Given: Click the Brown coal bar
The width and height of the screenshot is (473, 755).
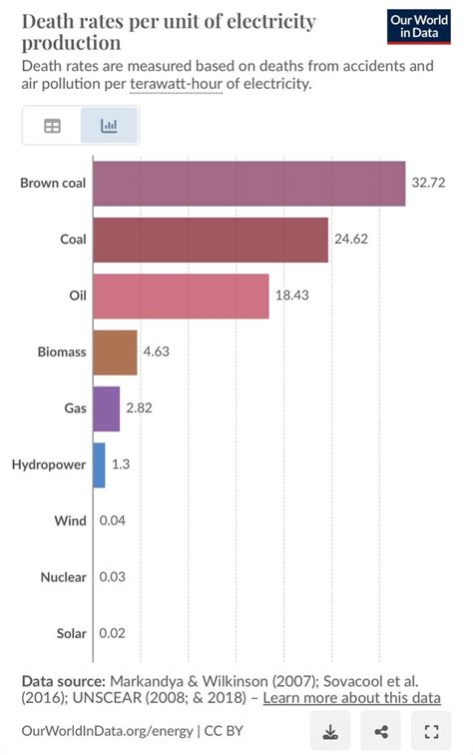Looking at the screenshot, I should pyautogui.click(x=248, y=184).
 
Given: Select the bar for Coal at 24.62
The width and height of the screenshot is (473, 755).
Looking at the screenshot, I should pyautogui.click(x=210, y=240).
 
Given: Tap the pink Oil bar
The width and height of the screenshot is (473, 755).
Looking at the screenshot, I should pyautogui.click(x=181, y=296).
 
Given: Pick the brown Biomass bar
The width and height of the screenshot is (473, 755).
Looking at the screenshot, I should pyautogui.click(x=115, y=352).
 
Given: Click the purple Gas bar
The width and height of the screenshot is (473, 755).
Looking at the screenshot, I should pyautogui.click(x=106, y=408).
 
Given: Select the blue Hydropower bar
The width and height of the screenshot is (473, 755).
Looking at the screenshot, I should pyautogui.click(x=99, y=464).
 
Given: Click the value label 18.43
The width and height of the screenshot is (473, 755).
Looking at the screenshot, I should pyautogui.click(x=292, y=296).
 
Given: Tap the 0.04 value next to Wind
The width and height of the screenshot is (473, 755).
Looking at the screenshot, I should pyautogui.click(x=112, y=520).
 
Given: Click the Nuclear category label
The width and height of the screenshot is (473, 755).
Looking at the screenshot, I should pyautogui.click(x=63, y=577).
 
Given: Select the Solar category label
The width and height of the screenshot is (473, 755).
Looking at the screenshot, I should pyautogui.click(x=69, y=633).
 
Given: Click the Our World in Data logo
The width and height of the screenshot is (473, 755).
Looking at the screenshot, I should pyautogui.click(x=418, y=27).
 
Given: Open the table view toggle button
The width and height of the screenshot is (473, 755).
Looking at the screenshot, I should pyautogui.click(x=52, y=127).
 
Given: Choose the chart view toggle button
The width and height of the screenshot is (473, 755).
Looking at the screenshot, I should pyautogui.click(x=109, y=127).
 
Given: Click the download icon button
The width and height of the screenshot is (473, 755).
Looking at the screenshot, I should pyautogui.click(x=330, y=732).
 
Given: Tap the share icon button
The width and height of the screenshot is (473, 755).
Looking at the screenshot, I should pyautogui.click(x=380, y=732).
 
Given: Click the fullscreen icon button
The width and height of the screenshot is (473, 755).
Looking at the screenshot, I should pyautogui.click(x=431, y=732).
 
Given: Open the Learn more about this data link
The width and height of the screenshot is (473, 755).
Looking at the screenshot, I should pyautogui.click(x=351, y=698).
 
